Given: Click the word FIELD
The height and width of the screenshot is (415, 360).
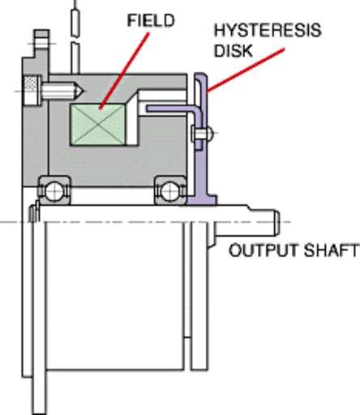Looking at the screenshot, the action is pos(151,20).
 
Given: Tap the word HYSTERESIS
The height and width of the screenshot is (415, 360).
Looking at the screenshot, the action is pos(268,30).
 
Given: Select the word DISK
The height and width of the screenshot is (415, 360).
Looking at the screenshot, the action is pos(234,50).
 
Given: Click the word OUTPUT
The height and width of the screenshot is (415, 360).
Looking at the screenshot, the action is pos(263,250).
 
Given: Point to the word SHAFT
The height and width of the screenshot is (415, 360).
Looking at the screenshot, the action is pos(331,250).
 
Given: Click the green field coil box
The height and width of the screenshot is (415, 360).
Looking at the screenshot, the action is pos(98,125).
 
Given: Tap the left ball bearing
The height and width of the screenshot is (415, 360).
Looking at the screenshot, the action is pos(54,190).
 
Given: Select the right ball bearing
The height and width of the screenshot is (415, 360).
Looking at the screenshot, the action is pos(170,190).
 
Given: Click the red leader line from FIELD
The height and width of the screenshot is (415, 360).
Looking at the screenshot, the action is pos(124,71).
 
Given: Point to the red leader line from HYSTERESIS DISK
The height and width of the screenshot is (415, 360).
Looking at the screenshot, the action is pos(246,71).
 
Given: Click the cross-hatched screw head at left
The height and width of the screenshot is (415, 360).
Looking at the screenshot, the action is pos(31,91).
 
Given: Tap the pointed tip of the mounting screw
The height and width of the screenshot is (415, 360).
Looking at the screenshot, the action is pos(84,91).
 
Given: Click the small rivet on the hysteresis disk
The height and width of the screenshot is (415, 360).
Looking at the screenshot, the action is pos(202,133).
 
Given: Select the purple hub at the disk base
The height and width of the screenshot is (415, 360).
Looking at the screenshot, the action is pos(201,199).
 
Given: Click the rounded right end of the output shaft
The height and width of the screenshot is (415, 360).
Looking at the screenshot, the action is pos(276,223).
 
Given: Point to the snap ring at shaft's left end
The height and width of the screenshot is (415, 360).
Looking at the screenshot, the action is pos(34,213).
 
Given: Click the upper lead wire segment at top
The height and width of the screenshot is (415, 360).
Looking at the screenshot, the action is pos(75,23).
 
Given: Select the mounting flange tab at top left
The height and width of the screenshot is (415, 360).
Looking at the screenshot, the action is pos(41,43).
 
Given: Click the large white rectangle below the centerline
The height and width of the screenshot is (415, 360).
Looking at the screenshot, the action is pos(115,296).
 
